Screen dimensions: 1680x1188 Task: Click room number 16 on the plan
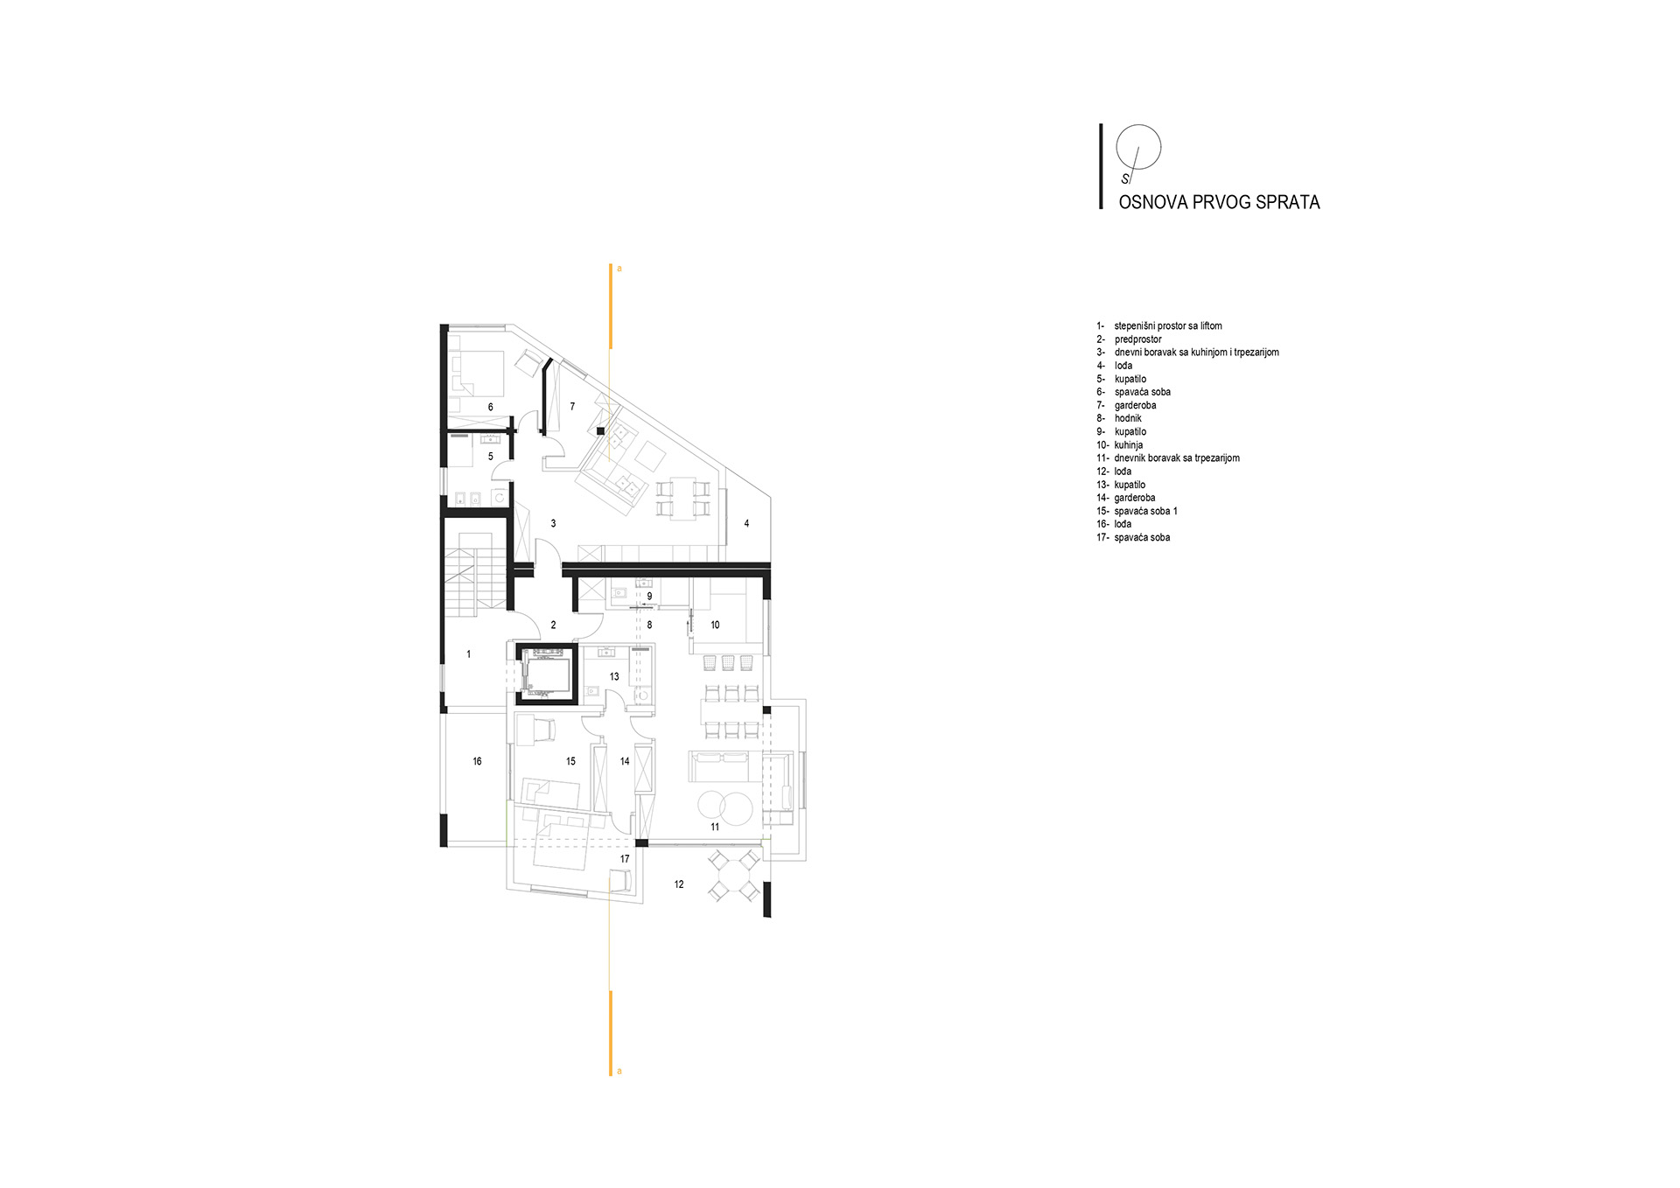pos(477,762)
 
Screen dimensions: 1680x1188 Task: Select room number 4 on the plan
pos(746,524)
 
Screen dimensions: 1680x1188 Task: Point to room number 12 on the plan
pos(679,884)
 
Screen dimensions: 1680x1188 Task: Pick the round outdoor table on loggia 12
pos(733,875)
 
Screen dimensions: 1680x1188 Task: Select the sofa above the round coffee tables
pos(721,766)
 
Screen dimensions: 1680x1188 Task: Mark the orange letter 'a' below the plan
pos(619,1071)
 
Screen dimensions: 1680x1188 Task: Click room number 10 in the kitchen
pos(715,625)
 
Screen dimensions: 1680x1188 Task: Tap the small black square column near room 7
pos(600,430)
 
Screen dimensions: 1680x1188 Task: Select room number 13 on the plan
pos(614,677)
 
